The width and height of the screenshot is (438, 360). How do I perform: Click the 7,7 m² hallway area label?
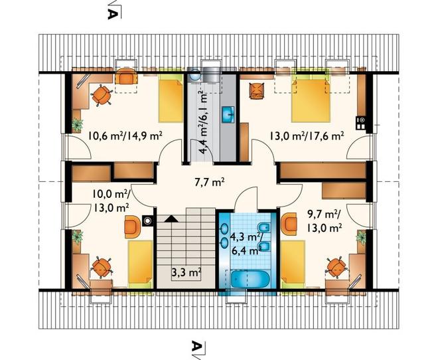pos(209,183)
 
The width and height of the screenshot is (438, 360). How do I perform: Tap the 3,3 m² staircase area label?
pos(186,272)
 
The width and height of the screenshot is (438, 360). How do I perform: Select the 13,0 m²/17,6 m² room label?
pos(307,136)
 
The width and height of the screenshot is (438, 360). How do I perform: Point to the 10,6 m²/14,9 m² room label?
pos(125,136)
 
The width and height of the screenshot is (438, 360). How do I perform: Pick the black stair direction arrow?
pos(171,219)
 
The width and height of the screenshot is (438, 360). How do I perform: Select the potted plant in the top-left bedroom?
pos(77,125)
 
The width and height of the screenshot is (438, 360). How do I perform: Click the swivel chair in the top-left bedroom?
pos(102,95)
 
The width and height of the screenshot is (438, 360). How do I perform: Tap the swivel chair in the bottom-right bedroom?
pos(336,268)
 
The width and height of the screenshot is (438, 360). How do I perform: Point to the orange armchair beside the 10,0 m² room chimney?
pos(133,226)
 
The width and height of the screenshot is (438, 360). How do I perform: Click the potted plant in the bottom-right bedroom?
pos(361,238)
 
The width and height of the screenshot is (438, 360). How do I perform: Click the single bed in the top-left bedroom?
pos(171,98)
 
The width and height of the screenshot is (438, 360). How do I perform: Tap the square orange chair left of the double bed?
pos(257,90)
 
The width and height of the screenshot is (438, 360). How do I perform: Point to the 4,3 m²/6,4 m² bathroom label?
pos(246,244)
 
